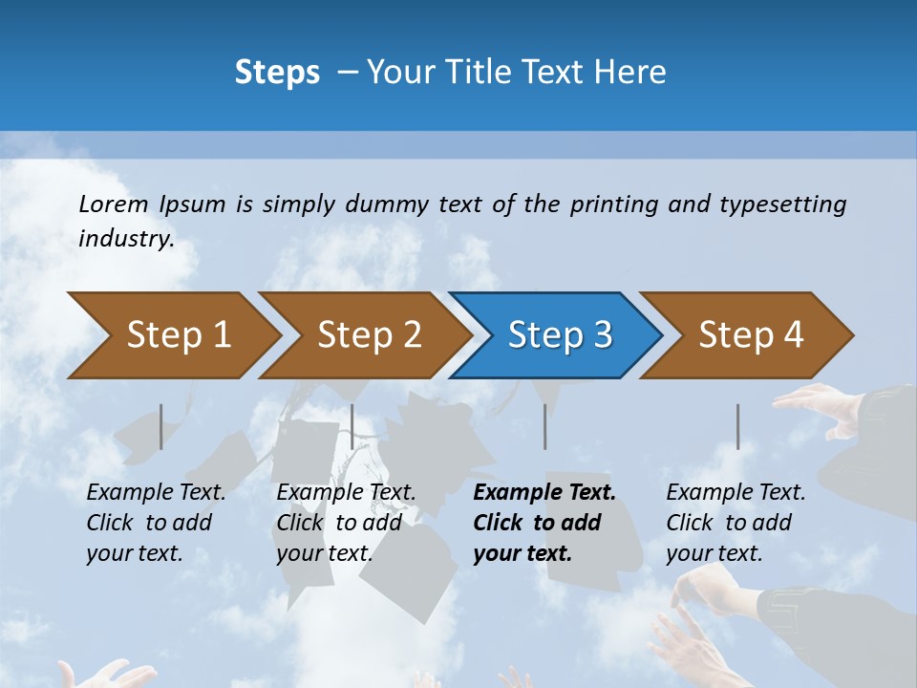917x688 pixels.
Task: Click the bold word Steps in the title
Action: (277, 72)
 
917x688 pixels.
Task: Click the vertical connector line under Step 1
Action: (160, 426)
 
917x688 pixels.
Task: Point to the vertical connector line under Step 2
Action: (352, 426)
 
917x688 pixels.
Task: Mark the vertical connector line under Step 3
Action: (544, 426)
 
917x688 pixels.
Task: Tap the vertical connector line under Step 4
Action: (737, 426)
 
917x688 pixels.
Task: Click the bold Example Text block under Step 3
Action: (544, 523)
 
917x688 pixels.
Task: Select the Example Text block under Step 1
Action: (156, 523)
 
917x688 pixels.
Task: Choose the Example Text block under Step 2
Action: (346, 523)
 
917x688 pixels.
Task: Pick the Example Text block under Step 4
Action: (736, 523)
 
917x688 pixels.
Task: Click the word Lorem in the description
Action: (114, 204)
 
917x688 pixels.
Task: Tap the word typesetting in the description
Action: (782, 204)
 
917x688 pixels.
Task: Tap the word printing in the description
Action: (614, 204)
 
